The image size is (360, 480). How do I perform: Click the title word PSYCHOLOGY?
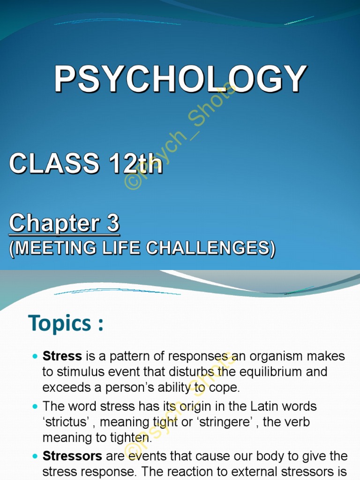(180, 80)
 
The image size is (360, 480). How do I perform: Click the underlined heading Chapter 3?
(64, 224)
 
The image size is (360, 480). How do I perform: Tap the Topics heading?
(66, 323)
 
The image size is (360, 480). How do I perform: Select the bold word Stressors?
(72, 456)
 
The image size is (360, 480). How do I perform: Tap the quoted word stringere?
(221, 422)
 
